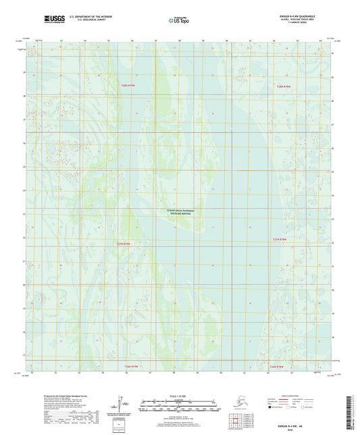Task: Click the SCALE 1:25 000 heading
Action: (x=178, y=397)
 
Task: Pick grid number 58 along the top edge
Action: (x=180, y=41)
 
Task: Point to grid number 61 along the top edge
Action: (x=251, y=41)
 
